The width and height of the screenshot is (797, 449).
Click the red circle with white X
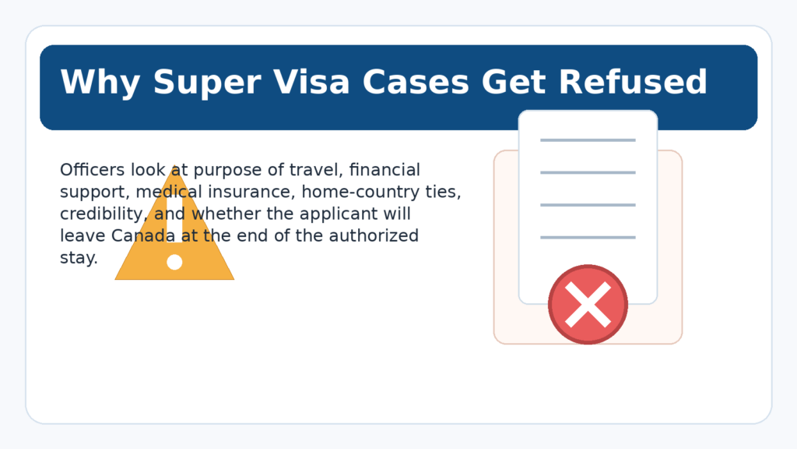(588, 304)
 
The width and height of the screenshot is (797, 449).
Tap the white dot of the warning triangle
(174, 262)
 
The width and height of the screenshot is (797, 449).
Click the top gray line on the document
(588, 140)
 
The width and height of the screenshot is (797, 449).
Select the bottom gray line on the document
(588, 237)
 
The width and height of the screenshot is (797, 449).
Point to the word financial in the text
(385, 170)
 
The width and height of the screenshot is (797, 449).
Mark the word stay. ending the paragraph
(79, 258)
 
